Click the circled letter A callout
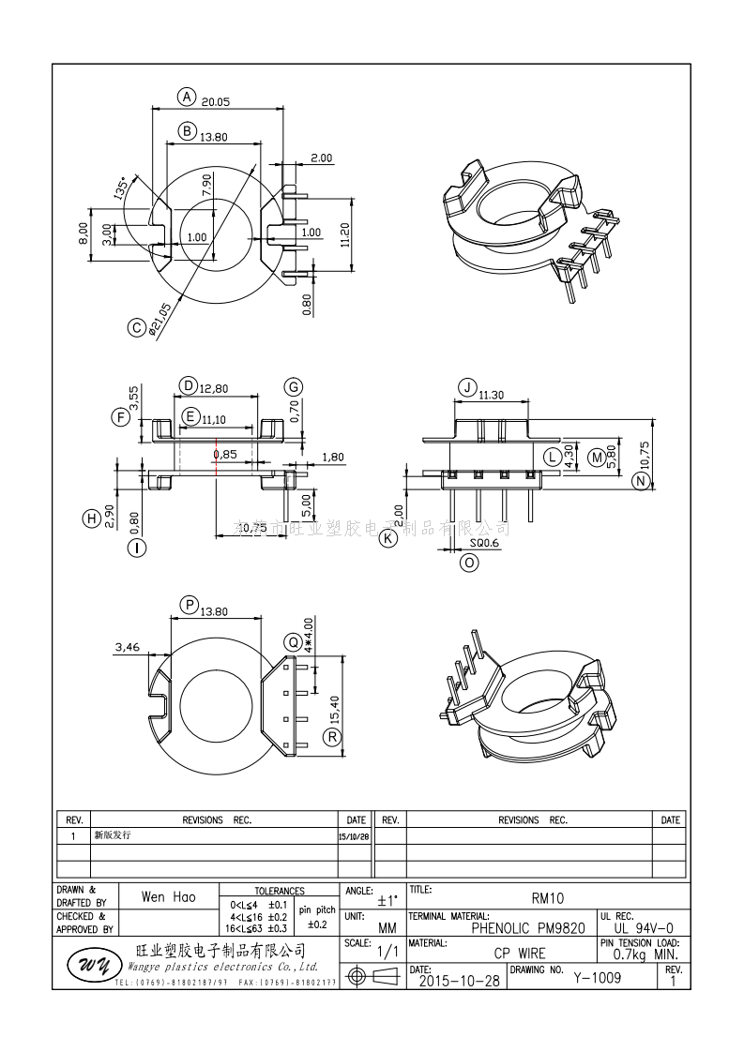coord(187,97)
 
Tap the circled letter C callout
coord(137,327)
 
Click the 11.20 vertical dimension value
coord(345,233)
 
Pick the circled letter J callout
coord(465,388)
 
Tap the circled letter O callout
coord(469,563)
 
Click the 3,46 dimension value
coord(128,647)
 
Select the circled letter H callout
coord(92,518)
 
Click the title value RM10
coord(548,897)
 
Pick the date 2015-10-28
coord(448,981)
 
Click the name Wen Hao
coord(168,897)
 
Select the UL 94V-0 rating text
coord(637,927)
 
